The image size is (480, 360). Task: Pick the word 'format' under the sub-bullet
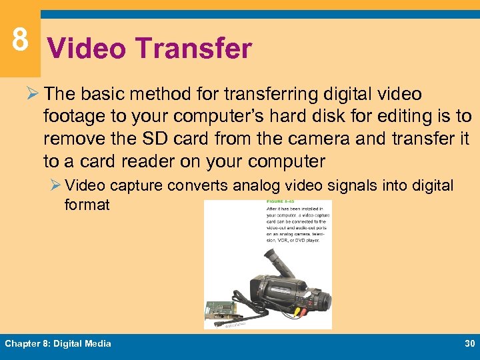87,205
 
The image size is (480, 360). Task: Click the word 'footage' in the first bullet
74,117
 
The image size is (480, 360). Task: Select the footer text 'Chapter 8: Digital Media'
58,343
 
